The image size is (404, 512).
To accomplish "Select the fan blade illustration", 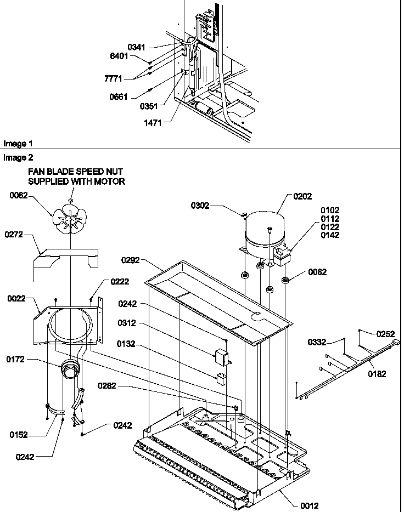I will (69, 220).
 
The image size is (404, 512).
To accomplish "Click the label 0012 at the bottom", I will (309, 506).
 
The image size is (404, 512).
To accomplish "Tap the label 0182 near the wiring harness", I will (377, 374).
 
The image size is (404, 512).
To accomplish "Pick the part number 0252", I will (385, 333).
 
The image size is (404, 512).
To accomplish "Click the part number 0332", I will (317, 342).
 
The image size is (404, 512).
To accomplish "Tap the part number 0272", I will (15, 234).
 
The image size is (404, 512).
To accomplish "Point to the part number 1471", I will (154, 124).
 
